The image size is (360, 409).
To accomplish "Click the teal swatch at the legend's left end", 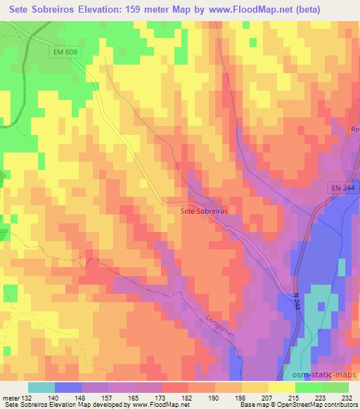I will pos(41,387).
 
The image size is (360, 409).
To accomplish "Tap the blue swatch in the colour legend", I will pos(68,387).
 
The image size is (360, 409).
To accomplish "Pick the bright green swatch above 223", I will pos(308,387).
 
